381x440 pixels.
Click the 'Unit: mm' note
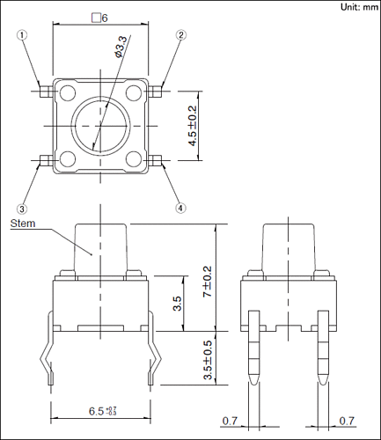(x=359, y=7)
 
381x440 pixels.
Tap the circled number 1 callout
(x=22, y=35)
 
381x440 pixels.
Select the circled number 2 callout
(x=181, y=35)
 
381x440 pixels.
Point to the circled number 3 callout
(x=22, y=209)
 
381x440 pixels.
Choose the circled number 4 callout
(x=180, y=209)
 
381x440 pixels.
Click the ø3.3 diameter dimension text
(x=121, y=47)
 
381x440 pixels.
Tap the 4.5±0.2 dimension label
(x=193, y=126)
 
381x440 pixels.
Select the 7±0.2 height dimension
(x=208, y=282)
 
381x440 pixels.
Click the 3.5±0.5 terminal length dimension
(x=208, y=360)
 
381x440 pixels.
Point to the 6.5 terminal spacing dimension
(x=103, y=411)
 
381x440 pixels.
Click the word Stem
(x=23, y=224)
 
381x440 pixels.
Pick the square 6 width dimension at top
(x=99, y=18)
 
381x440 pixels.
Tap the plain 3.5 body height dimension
(x=178, y=304)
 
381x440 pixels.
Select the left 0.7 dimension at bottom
(x=230, y=421)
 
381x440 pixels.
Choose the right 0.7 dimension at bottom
(x=347, y=421)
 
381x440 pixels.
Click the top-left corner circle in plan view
(x=67, y=92)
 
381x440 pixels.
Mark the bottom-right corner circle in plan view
(x=134, y=158)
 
